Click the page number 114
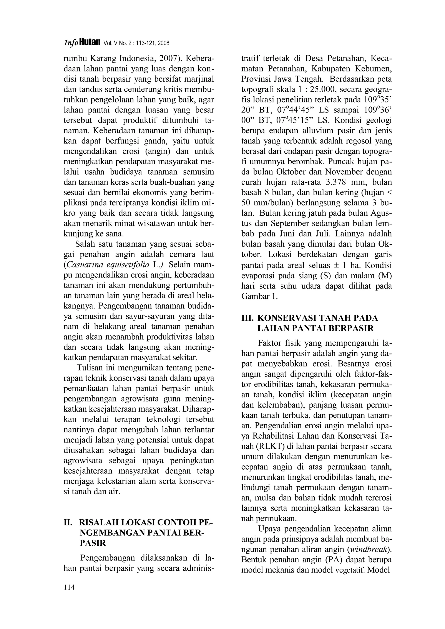[x=69, y=587]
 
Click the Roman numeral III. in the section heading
[x=247, y=318]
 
